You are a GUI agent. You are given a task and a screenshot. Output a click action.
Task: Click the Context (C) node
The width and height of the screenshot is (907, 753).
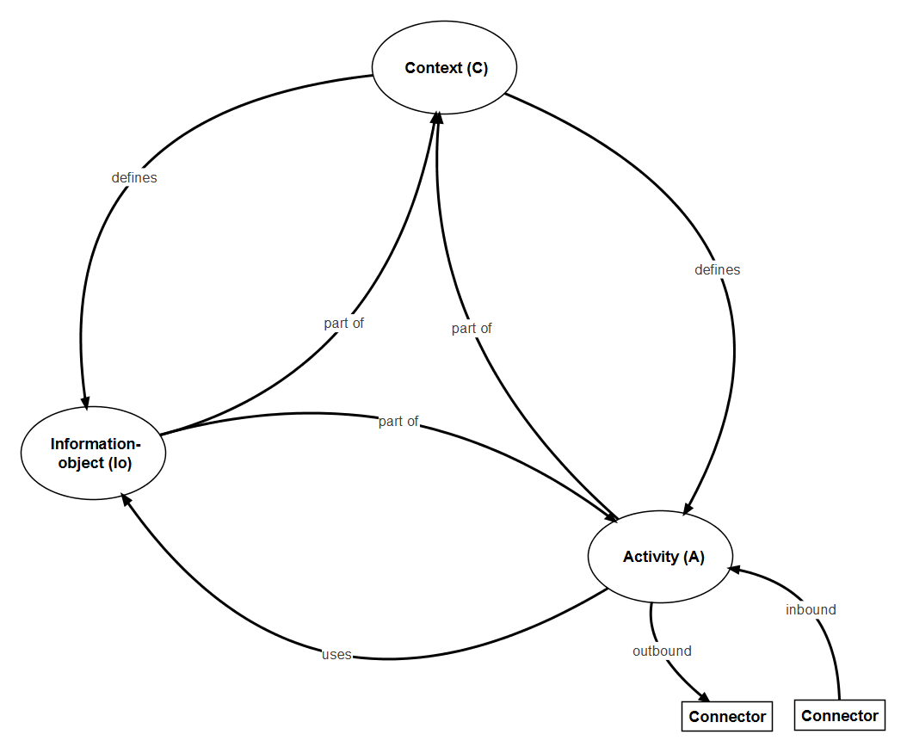[444, 69]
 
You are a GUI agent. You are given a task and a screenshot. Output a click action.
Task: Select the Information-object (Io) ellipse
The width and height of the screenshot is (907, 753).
[94, 454]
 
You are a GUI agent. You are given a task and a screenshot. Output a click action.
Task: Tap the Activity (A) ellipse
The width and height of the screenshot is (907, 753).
[660, 557]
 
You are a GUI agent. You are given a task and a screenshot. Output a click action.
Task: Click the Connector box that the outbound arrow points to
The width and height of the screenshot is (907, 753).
[727, 717]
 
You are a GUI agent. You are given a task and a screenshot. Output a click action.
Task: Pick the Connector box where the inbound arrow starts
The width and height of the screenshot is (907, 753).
[839, 716]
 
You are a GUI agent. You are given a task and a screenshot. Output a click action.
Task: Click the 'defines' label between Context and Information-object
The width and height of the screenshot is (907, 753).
[134, 178]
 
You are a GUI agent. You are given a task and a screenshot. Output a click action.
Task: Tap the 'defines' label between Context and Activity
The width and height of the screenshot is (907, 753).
[717, 270]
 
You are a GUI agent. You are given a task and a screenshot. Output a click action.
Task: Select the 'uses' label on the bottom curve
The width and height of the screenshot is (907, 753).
[336, 655]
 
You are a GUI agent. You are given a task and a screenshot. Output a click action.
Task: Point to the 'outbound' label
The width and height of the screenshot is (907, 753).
[662, 651]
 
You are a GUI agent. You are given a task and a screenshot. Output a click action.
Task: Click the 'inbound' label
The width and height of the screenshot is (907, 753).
[811, 610]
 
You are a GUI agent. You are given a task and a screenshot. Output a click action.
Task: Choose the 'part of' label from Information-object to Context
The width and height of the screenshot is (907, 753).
[344, 324]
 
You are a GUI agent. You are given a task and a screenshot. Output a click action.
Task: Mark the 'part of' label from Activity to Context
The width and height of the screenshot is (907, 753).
[472, 329]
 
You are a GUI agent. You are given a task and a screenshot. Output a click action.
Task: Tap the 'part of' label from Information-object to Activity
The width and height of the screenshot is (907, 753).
[398, 422]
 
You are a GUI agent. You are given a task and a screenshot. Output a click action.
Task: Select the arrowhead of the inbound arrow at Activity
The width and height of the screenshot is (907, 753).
[734, 570]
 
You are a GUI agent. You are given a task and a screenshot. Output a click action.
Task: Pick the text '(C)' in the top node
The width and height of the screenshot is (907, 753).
[477, 69]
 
